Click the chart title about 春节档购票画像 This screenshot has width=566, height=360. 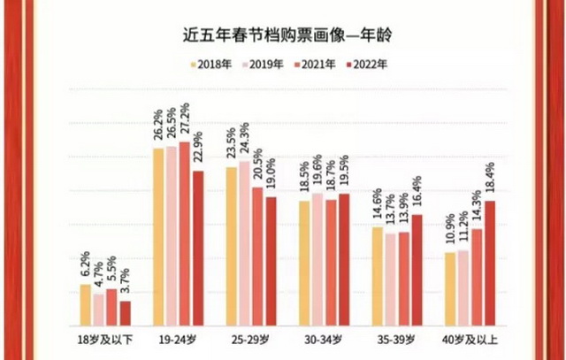tap(283, 34)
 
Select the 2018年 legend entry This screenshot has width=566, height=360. tap(213, 64)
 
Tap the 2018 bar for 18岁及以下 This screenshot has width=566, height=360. tap(86, 304)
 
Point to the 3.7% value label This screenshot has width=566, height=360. tap(125, 283)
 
